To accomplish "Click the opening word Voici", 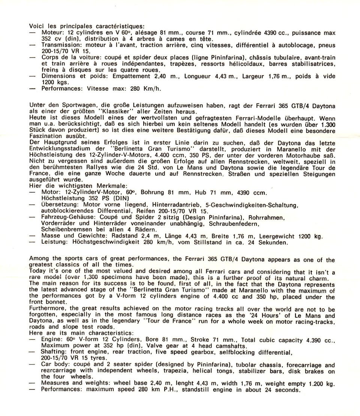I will (36, 27).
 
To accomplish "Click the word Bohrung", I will (153, 193).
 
